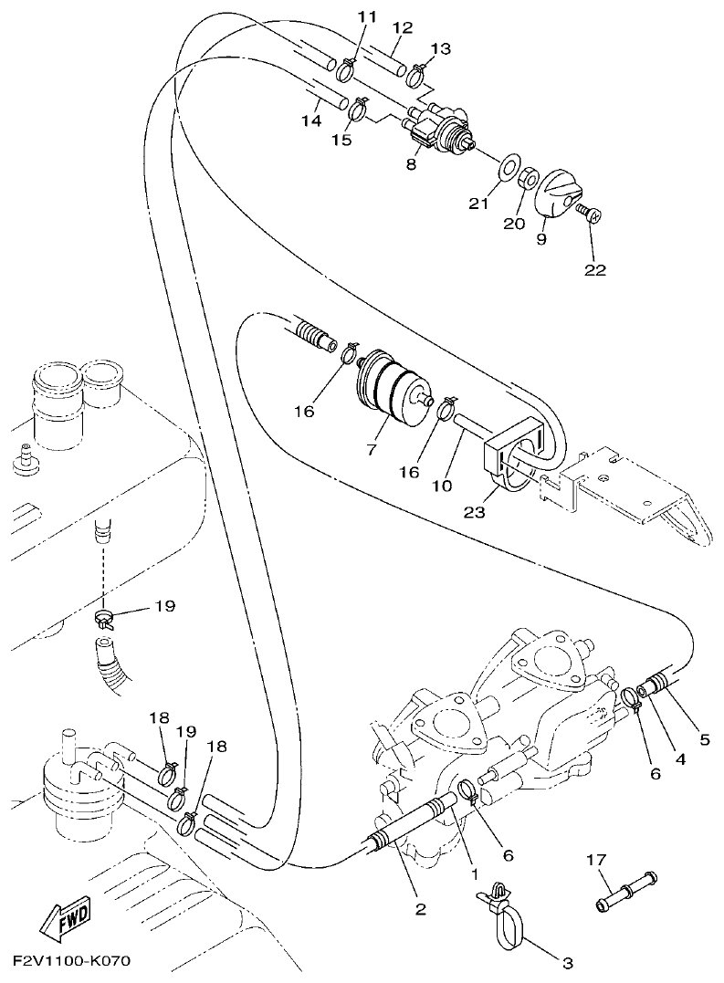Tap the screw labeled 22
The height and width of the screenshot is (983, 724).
[588, 214]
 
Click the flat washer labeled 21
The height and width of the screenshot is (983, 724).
[504, 169]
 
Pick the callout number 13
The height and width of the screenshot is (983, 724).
[441, 48]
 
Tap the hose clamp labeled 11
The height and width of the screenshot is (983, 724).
[348, 68]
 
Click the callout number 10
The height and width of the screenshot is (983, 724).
[442, 486]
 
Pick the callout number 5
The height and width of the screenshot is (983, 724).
[704, 738]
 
